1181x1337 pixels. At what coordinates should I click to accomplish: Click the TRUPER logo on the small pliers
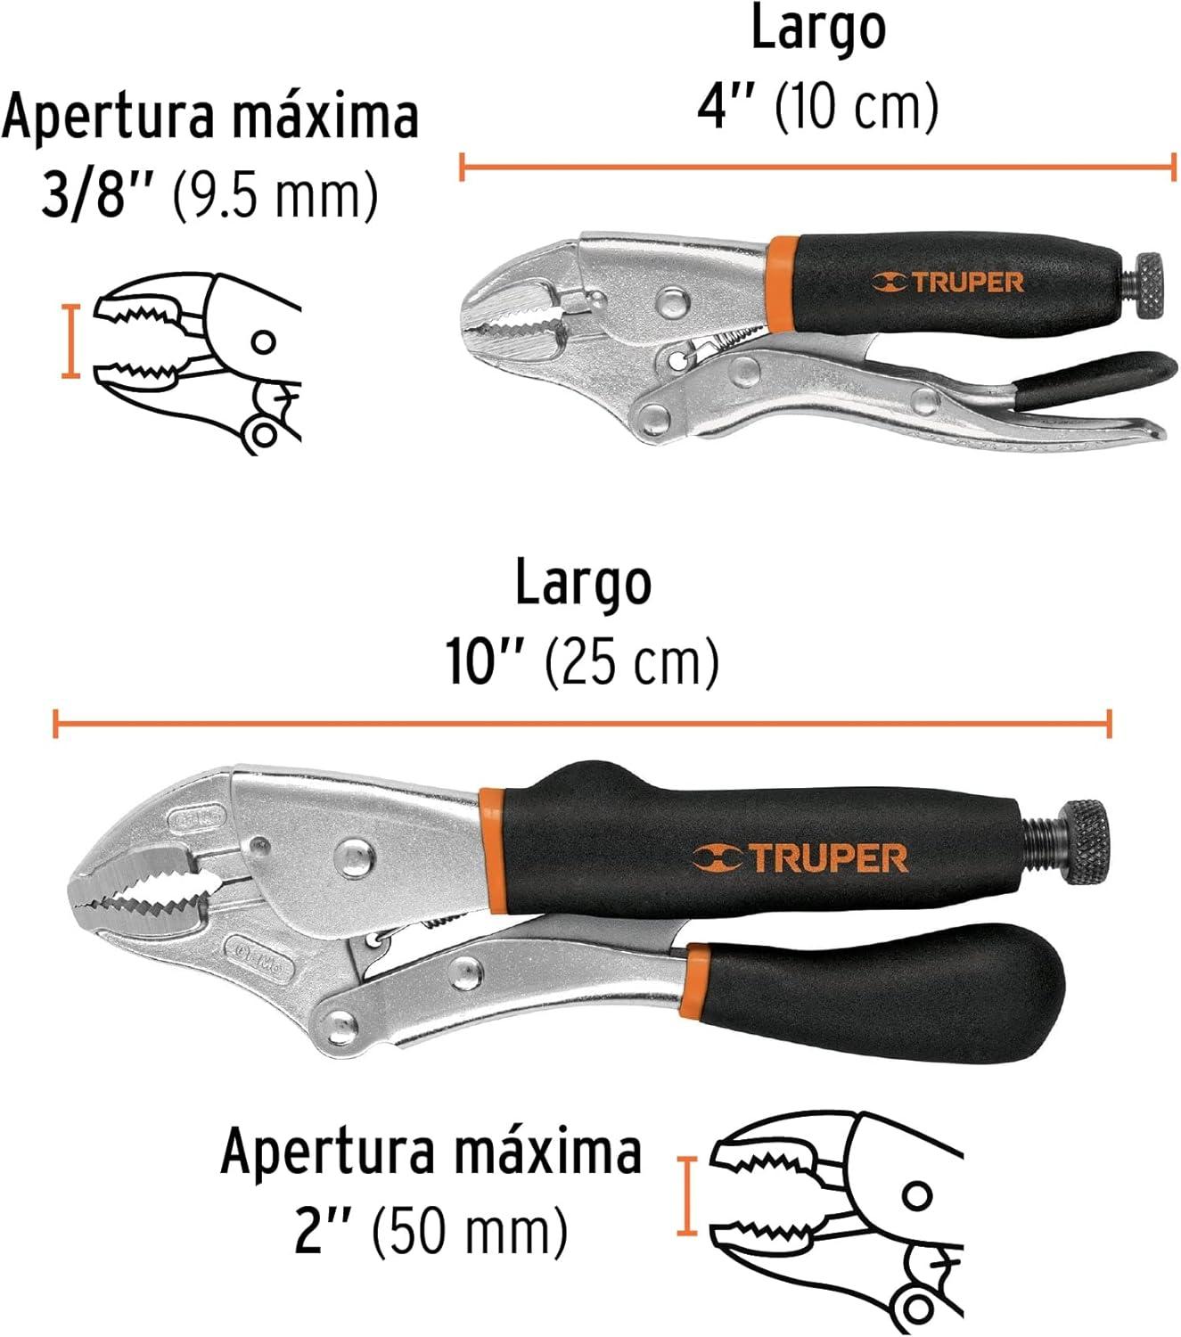(x=947, y=283)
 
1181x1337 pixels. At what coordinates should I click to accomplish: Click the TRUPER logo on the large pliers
(x=800, y=857)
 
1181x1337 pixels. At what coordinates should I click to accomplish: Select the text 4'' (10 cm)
(x=817, y=107)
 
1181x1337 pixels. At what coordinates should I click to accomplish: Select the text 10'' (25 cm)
(x=582, y=661)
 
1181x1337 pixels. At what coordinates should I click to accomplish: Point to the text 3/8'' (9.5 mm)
(x=209, y=194)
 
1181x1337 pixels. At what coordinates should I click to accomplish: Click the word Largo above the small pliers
(x=818, y=29)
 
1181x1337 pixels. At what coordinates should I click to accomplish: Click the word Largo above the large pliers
(x=583, y=584)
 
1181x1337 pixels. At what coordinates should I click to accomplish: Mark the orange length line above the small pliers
(x=818, y=167)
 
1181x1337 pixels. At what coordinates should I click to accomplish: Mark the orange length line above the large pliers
(x=582, y=724)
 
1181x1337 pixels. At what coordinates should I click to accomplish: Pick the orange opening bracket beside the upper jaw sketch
(x=70, y=341)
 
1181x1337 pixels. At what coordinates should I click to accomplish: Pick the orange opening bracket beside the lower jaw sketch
(x=686, y=1195)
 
